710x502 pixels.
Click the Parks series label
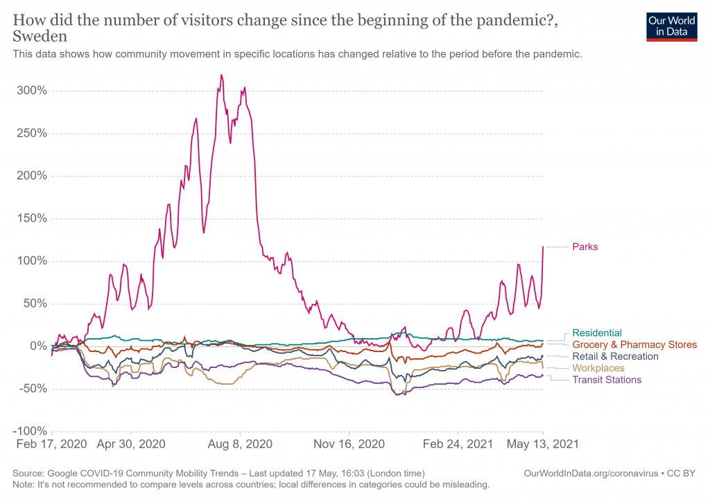(585, 246)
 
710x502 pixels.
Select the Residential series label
(597, 333)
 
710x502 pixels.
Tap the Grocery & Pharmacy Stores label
(634, 345)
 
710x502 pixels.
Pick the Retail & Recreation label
(615, 357)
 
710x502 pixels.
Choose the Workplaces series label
(598, 368)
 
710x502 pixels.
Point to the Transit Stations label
(607, 380)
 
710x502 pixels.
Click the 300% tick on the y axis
(33, 91)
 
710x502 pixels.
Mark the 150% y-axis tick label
(33, 219)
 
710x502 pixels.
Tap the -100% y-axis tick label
(31, 431)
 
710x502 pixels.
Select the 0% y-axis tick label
(37, 346)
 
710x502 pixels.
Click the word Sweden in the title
(40, 36)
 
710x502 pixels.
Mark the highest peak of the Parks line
(221, 75)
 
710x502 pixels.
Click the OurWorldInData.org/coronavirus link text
(591, 474)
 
